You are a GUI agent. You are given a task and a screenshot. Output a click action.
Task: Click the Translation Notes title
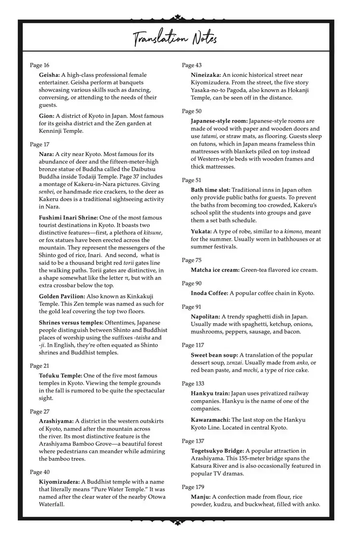pos(175,39)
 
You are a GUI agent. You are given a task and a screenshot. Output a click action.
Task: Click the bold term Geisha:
pos(49,75)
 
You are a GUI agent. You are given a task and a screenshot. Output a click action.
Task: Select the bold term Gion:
pos(47,116)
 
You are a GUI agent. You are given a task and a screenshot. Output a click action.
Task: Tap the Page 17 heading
pos(40,144)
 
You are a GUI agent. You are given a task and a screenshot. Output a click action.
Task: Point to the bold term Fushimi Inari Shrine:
pos(68,218)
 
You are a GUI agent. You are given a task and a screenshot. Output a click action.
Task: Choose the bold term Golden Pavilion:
pos(62,296)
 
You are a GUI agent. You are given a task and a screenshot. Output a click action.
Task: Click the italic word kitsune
pos(152,233)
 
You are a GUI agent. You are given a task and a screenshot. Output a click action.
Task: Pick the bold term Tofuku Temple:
pos(61,376)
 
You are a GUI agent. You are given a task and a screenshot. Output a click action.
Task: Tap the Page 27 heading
pos(40,412)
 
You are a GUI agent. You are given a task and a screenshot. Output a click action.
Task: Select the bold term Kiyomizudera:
pos(59,482)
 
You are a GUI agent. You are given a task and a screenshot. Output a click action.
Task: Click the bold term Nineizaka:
pos(206,75)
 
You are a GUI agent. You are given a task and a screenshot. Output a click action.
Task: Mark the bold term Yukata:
pos(201,232)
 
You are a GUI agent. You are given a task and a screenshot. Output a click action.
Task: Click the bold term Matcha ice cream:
pos(215,270)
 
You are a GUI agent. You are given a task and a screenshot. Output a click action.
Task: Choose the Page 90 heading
pos(192,284)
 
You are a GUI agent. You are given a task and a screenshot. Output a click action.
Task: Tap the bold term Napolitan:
pos(205,317)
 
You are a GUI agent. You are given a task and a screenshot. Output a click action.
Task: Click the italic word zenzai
pos(234,363)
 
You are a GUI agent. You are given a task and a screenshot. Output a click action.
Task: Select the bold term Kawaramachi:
pos(210,420)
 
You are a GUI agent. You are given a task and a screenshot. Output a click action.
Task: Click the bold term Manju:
pos(200,497)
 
